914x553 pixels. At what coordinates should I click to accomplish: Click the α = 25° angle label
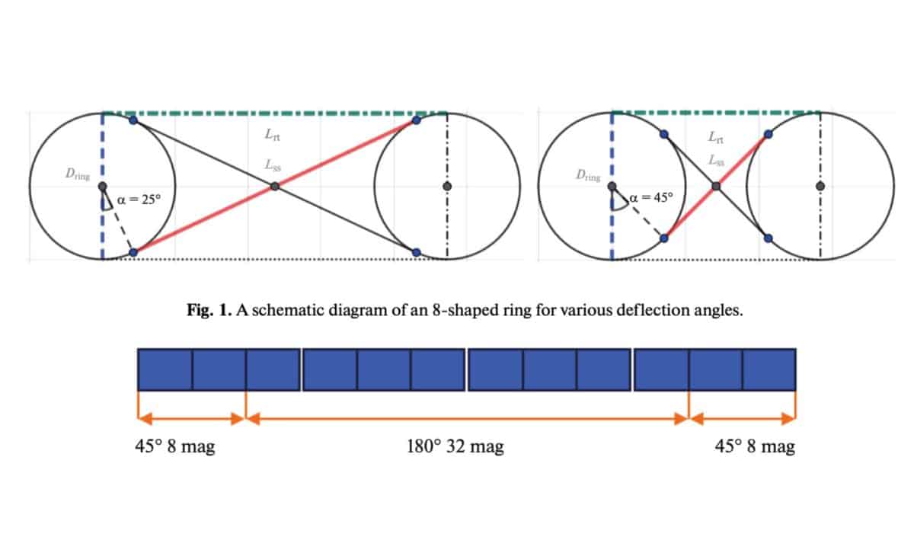coord(139,200)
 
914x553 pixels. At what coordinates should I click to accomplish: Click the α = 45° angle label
coord(651,198)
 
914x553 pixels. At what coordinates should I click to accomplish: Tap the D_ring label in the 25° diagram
coord(78,174)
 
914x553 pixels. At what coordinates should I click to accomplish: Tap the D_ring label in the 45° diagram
coord(588,175)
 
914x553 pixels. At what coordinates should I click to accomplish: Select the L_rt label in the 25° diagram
coord(273,134)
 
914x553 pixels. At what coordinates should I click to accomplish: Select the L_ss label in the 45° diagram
coord(717,160)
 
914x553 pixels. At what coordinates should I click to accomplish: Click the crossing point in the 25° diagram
coord(275,187)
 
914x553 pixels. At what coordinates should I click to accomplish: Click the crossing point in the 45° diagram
coord(716,187)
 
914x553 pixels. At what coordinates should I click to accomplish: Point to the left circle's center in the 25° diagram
coord(102,187)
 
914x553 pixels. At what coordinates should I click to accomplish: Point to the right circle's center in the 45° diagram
coord(820,187)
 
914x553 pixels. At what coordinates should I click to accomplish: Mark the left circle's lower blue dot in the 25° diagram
coord(133,253)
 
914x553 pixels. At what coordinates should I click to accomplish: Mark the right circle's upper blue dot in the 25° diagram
coord(416,120)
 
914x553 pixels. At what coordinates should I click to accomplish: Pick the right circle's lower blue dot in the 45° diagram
coord(768,238)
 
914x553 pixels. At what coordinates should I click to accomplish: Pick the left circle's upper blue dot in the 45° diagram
coord(664,134)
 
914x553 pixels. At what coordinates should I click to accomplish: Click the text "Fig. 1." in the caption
coord(209,310)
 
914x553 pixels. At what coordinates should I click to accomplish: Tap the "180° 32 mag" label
coord(455,446)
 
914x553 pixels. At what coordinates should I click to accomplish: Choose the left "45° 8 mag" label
coord(175,446)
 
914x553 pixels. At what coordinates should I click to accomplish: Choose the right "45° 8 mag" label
coord(755,446)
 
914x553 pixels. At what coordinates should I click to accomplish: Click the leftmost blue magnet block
coord(165,369)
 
